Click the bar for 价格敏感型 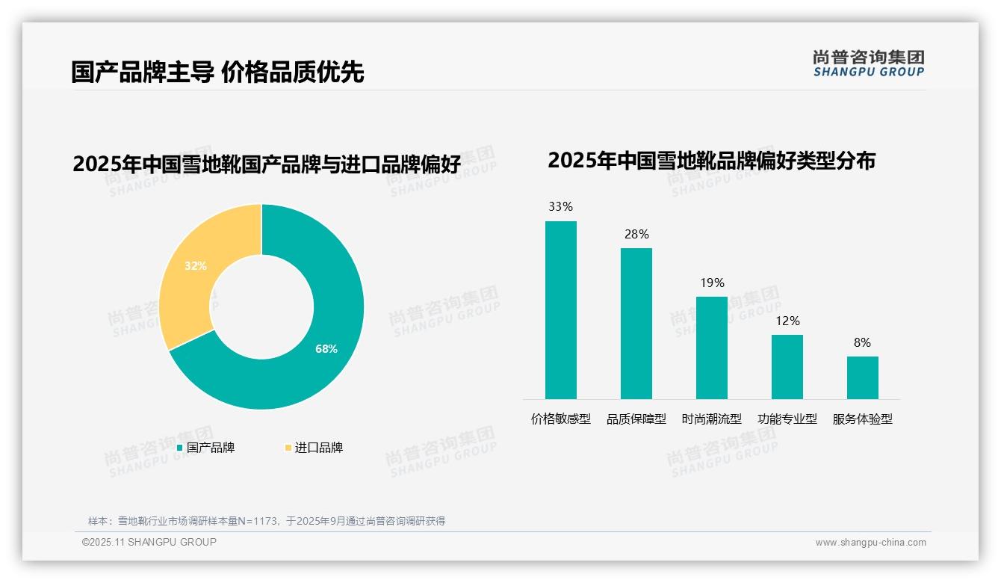560,309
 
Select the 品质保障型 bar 636,323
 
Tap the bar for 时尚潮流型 711,348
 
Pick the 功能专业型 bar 787,366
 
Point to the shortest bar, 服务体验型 862,377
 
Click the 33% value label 560,207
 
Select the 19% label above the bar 712,283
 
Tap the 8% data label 862,342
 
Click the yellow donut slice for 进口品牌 187,277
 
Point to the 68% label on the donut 326,349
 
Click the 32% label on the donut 196,265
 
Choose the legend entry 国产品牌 210,448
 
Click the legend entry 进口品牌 318,448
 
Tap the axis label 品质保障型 636,419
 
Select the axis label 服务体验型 862,419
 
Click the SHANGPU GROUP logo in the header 868,64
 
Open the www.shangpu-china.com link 870,543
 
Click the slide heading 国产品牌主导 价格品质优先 217,73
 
